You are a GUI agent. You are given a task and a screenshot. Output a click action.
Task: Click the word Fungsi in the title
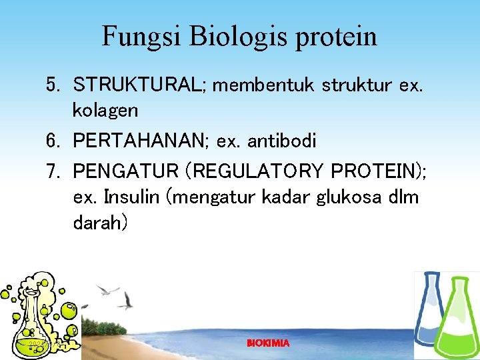141,36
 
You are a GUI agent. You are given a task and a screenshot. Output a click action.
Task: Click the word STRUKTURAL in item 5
139,85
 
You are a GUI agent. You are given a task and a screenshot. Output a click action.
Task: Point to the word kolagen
105,109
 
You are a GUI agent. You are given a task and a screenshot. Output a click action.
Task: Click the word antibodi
282,141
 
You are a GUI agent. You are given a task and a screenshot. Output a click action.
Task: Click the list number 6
53,141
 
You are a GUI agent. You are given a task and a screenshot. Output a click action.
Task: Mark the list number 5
53,85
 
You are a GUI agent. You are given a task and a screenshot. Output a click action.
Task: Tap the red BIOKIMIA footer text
268,343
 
